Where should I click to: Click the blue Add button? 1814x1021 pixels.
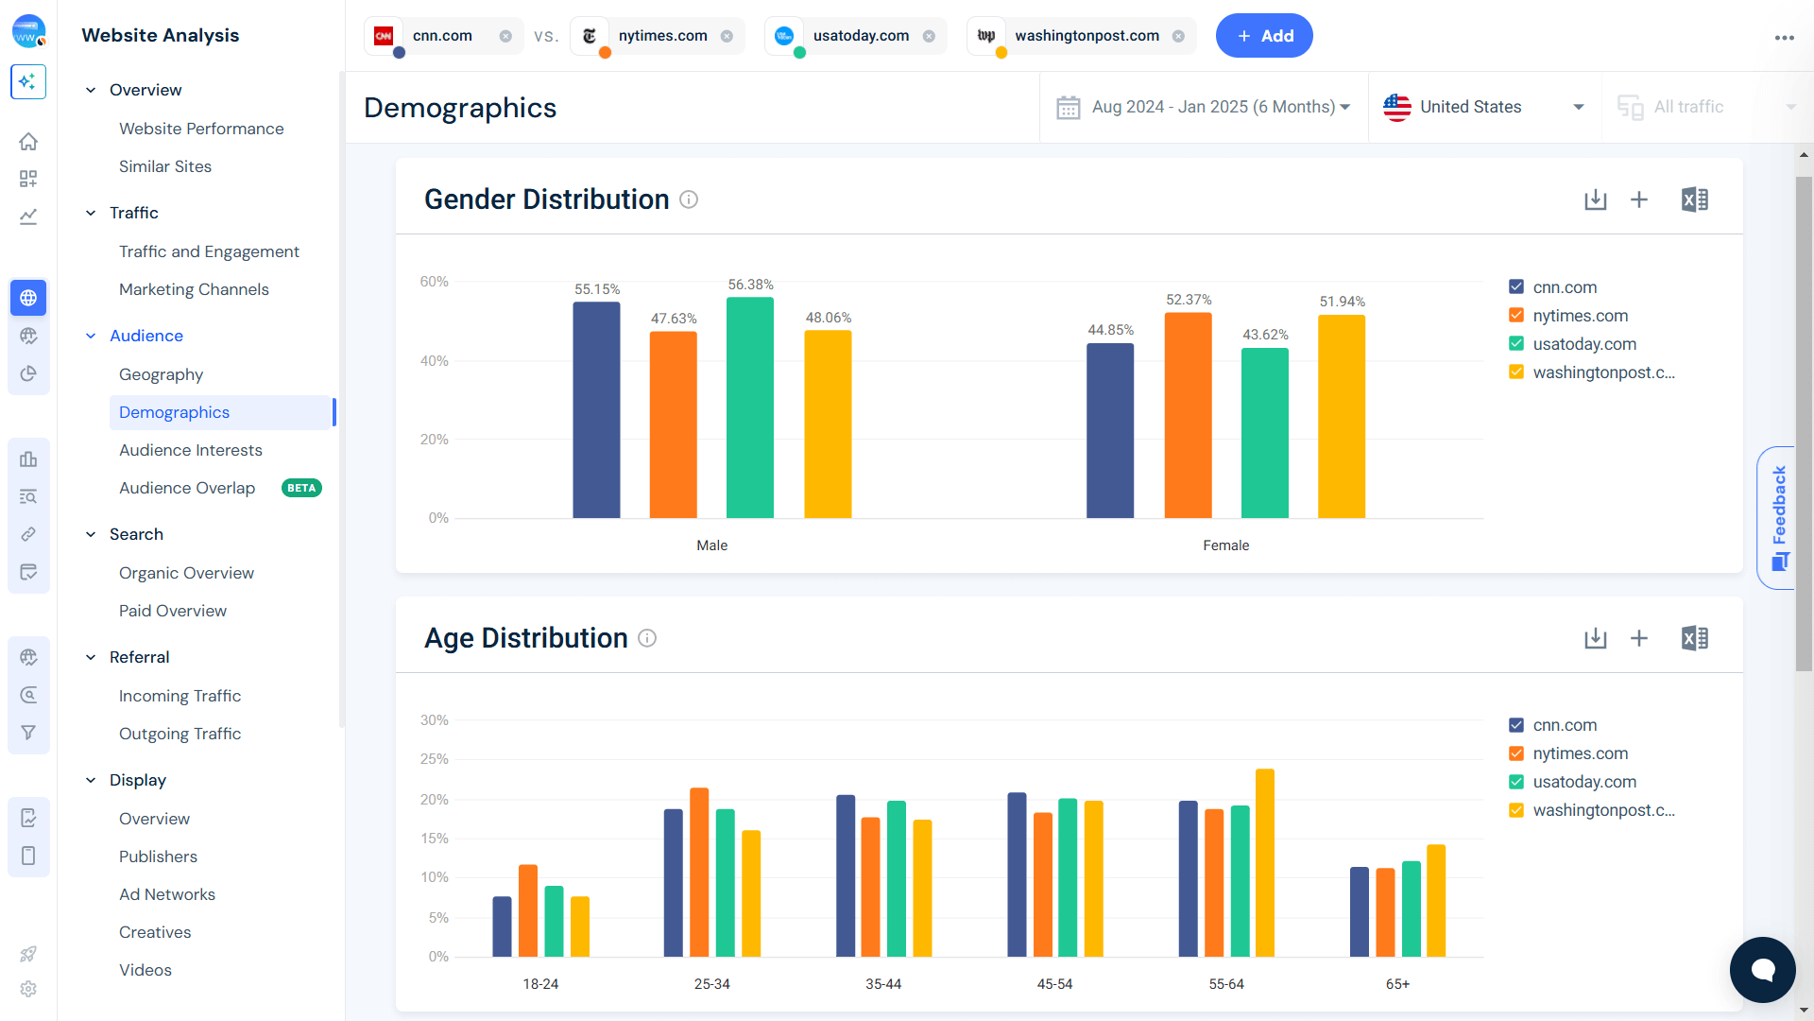pos(1263,36)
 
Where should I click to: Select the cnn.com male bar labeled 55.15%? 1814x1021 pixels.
pos(596,409)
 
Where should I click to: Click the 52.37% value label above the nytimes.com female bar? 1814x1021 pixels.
pos(1188,300)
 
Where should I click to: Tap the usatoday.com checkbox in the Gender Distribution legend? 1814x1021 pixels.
pos(1516,344)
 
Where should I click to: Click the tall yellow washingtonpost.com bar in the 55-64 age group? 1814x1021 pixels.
pos(1264,862)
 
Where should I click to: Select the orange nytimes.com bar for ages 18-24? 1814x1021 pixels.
pos(528,909)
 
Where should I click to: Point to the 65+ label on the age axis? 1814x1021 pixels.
pos(1397,984)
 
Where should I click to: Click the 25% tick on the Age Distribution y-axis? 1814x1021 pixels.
pos(434,759)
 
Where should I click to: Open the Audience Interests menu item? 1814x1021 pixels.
pos(190,450)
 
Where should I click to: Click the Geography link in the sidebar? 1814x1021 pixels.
pos(161,374)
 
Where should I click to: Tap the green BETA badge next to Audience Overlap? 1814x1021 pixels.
pos(301,488)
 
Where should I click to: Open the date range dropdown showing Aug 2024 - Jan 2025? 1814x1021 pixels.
pos(1205,107)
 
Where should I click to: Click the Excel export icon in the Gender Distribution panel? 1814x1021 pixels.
pos(1694,199)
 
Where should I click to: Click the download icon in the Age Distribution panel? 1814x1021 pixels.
pos(1595,638)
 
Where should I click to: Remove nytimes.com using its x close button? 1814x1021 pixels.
pos(727,36)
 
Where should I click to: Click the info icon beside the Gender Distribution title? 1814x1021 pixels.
pos(689,199)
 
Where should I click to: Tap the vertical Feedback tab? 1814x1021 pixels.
pos(1778,517)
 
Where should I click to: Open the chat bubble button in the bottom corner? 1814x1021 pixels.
pos(1762,969)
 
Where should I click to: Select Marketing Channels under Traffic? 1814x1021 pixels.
pos(194,289)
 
